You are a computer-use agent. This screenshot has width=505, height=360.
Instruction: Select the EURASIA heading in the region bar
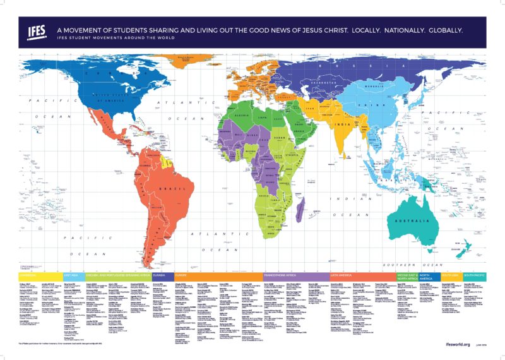tap(160, 275)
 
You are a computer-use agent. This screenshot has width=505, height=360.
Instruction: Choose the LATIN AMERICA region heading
tap(342, 275)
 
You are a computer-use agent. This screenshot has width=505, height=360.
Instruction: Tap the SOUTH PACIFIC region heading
tap(473, 275)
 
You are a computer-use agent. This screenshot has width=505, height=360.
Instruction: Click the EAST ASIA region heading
tap(70, 275)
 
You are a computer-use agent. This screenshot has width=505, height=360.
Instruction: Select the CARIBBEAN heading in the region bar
tap(28, 275)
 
